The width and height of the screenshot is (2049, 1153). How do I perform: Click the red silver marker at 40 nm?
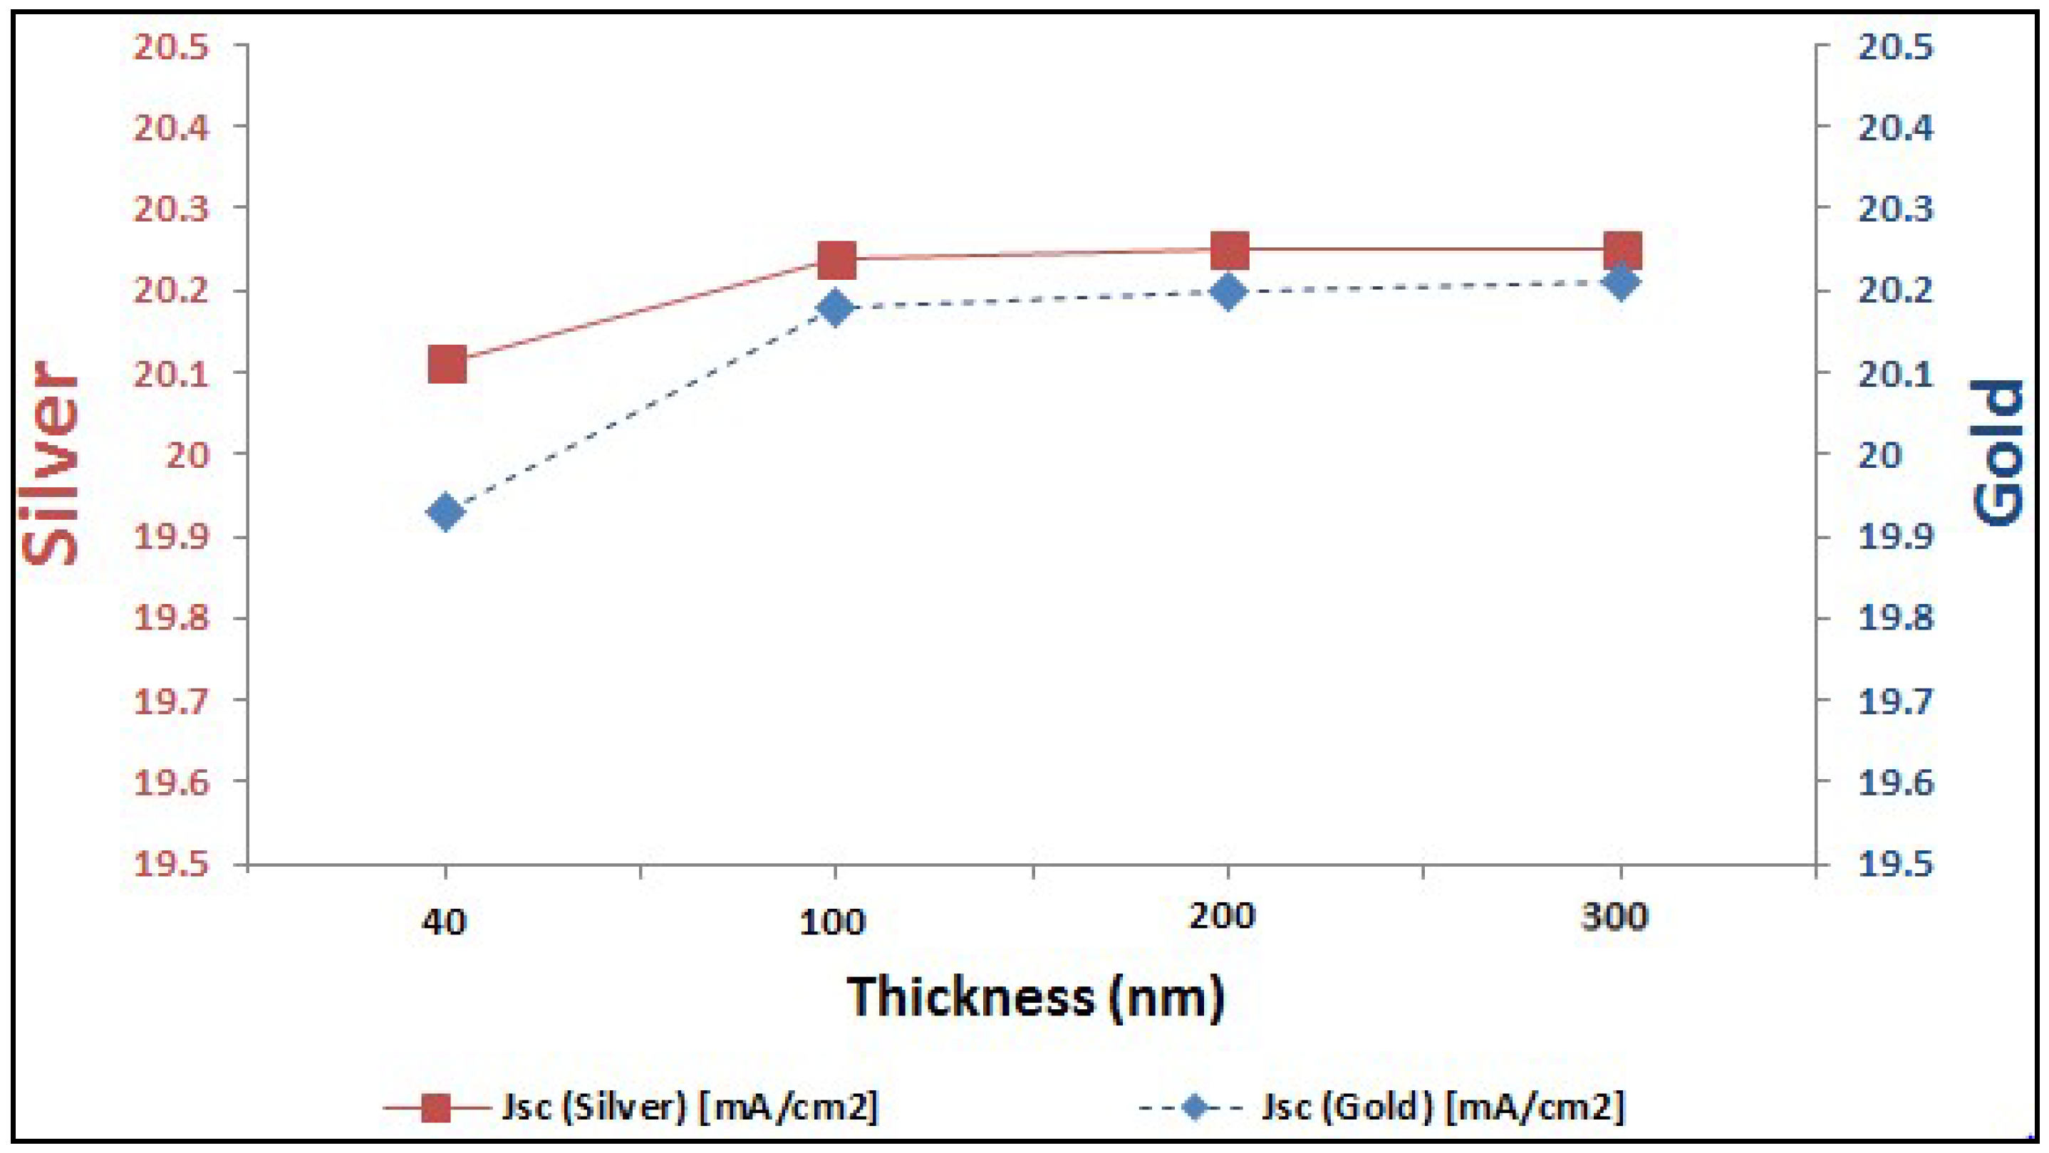(446, 364)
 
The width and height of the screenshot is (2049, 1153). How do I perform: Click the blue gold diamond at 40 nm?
(445, 511)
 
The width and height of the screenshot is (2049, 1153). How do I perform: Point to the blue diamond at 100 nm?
(835, 308)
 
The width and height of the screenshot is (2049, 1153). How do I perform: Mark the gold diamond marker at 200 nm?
(1228, 292)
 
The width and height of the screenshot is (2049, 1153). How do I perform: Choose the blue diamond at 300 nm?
(1620, 282)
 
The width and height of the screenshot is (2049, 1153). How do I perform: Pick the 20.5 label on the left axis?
(171, 48)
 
